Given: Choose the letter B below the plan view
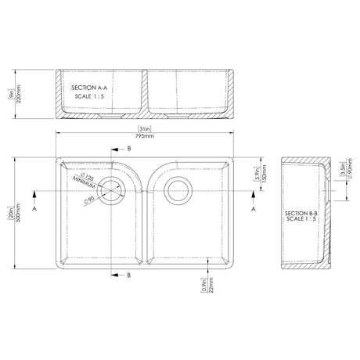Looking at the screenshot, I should tap(129, 276).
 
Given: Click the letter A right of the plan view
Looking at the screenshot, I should tap(254, 211).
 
